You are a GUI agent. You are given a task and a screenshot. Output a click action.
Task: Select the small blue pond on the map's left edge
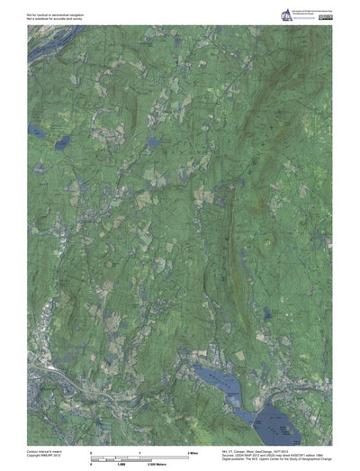(33, 131)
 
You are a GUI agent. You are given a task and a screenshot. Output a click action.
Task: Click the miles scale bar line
(139, 455)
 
